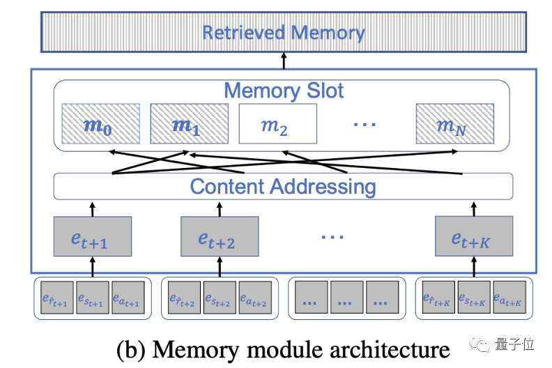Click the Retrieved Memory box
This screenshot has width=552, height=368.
point(283,33)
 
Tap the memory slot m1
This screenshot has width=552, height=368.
point(189,125)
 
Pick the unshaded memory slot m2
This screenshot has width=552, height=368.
point(277,125)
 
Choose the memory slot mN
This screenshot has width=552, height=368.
point(454,125)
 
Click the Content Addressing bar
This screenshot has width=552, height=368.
point(283,187)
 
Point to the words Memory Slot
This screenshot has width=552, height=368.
point(283,91)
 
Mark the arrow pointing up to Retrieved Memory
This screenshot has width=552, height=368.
point(283,61)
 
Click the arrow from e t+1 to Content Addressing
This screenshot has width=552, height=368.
point(93,208)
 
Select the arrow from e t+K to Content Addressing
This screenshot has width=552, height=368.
point(474,208)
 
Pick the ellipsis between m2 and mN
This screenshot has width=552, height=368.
point(365,125)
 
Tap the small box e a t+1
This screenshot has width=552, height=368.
point(128,298)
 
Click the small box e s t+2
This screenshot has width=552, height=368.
point(220,298)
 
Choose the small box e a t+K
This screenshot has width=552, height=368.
point(508,298)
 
